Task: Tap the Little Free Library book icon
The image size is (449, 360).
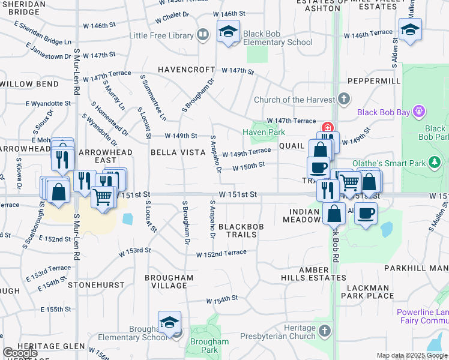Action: (203, 36)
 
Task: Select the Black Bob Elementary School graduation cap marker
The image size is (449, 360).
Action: (228, 32)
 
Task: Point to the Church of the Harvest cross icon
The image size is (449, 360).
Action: (344, 98)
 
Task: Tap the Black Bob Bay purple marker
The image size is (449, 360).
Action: (419, 112)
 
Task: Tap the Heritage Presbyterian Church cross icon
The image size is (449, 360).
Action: (325, 331)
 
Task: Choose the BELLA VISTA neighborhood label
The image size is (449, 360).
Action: (178, 152)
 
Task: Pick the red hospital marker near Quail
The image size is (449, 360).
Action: (328, 128)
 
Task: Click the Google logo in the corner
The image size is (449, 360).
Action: (20, 352)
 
